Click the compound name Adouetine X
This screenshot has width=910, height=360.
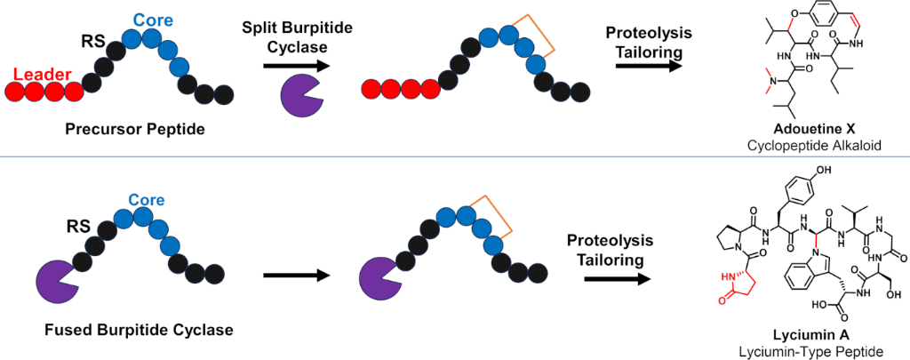pyautogui.click(x=827, y=128)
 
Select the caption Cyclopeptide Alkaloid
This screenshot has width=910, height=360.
pyautogui.click(x=826, y=143)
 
